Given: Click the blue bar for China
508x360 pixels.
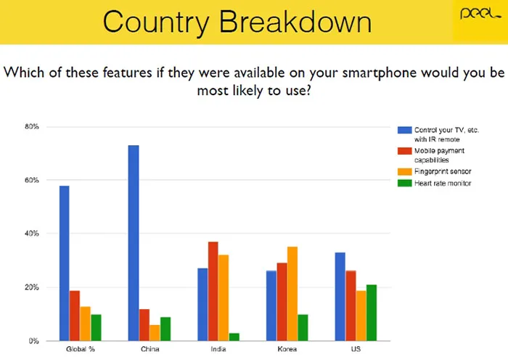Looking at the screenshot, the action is (x=134, y=243).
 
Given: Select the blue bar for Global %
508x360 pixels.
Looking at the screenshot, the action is (x=64, y=263).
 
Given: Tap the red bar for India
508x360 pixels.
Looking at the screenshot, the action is (x=213, y=291).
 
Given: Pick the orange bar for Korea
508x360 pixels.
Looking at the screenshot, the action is (x=292, y=293).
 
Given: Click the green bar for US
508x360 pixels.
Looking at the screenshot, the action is (x=372, y=313).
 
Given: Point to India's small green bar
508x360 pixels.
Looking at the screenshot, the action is (x=234, y=337).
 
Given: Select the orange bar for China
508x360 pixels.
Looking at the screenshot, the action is (x=155, y=332).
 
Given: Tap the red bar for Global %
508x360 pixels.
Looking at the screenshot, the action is (x=75, y=316).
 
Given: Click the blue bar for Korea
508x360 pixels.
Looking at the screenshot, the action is (x=271, y=306).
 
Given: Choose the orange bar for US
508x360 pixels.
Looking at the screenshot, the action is (x=361, y=316).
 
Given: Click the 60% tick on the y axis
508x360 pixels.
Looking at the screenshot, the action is (x=32, y=180).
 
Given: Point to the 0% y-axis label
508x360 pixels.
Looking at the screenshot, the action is (x=33, y=341).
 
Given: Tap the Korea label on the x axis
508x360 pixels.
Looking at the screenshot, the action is (x=287, y=349).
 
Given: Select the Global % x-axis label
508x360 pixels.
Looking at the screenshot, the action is (x=81, y=349).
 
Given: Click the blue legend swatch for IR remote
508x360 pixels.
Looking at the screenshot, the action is (x=405, y=130).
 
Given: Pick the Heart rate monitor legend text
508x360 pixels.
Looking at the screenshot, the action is (x=443, y=183).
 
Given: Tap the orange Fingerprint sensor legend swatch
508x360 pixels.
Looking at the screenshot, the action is (x=405, y=171).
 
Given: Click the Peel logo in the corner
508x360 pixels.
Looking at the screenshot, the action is (x=480, y=14).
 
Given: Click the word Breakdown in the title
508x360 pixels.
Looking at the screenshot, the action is (x=295, y=22).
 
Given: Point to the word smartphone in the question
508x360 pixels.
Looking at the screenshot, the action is (x=380, y=73).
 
